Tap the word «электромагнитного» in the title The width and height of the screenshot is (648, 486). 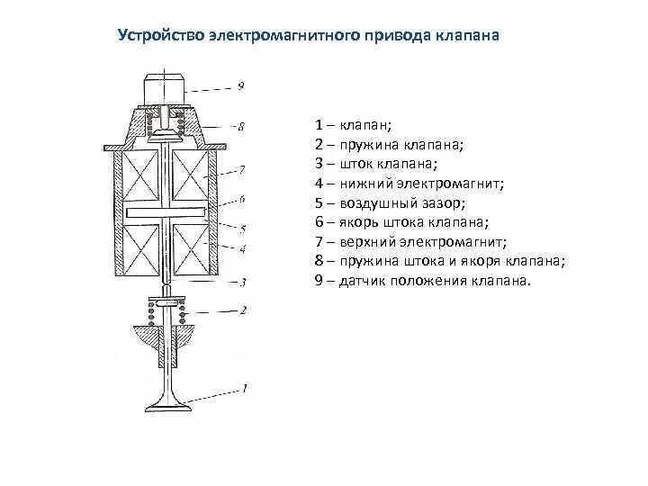point(283,38)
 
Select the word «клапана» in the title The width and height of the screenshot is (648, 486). point(467,38)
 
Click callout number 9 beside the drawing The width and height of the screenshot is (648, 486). point(241,87)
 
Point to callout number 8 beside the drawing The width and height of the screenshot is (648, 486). point(241,126)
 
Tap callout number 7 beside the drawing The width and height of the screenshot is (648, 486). point(242,168)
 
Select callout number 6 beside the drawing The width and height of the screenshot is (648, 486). point(242,199)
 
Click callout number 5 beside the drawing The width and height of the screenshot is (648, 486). point(242,228)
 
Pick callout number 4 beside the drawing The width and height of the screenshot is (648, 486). point(242,247)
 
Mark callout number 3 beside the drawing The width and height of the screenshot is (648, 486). point(242,282)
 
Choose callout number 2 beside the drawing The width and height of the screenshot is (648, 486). point(242,310)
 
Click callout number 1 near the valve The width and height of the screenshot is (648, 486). point(242,388)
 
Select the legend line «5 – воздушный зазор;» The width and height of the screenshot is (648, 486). point(390,202)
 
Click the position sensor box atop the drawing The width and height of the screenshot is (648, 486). point(164,91)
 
